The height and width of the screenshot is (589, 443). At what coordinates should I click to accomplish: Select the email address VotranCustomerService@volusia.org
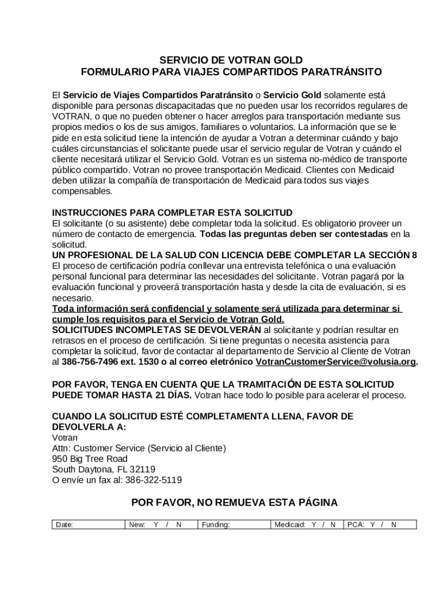click(x=335, y=362)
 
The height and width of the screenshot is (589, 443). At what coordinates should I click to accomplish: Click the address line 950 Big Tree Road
click(x=90, y=458)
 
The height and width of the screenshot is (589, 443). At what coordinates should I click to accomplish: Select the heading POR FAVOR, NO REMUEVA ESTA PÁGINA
click(x=234, y=503)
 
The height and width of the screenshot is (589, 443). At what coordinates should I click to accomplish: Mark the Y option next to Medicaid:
click(x=314, y=525)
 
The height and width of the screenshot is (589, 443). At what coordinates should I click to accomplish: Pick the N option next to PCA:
click(x=394, y=525)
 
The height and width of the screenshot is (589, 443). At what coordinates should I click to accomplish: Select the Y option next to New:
click(x=156, y=525)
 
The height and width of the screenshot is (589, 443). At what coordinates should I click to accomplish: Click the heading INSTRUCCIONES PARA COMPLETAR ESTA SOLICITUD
click(x=172, y=212)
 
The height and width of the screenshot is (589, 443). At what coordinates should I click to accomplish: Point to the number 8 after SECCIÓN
click(x=414, y=255)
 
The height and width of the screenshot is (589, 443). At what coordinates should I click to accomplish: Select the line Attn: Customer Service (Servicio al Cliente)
click(x=139, y=448)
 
